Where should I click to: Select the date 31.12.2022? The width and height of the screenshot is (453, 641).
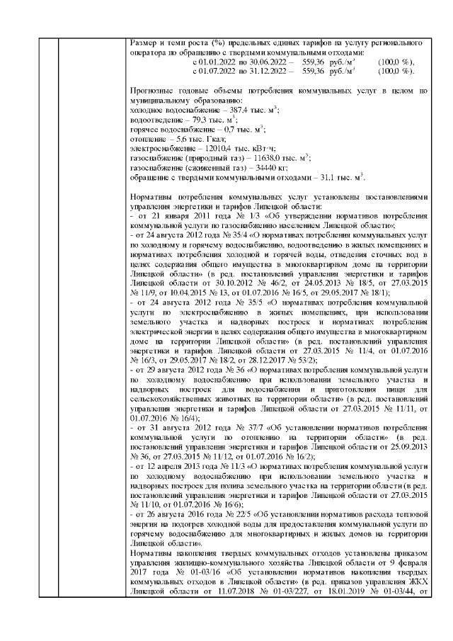[x=270, y=71]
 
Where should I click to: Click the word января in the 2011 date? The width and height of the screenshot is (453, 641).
[x=176, y=214]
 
